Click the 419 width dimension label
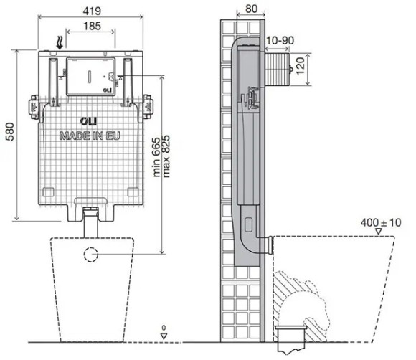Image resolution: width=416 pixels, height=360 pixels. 92,11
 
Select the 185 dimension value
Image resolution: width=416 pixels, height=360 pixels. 92,26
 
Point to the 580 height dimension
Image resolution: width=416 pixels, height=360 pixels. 10,131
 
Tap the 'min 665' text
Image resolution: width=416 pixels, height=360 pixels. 156,157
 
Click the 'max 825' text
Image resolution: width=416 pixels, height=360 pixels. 166,156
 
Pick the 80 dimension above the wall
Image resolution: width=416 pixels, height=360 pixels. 251,9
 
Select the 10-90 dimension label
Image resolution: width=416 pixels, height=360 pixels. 280,41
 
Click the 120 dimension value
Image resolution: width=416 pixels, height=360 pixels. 300,66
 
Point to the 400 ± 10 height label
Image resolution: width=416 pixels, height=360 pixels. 381,222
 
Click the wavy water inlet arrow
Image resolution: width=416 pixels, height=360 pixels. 60,43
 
